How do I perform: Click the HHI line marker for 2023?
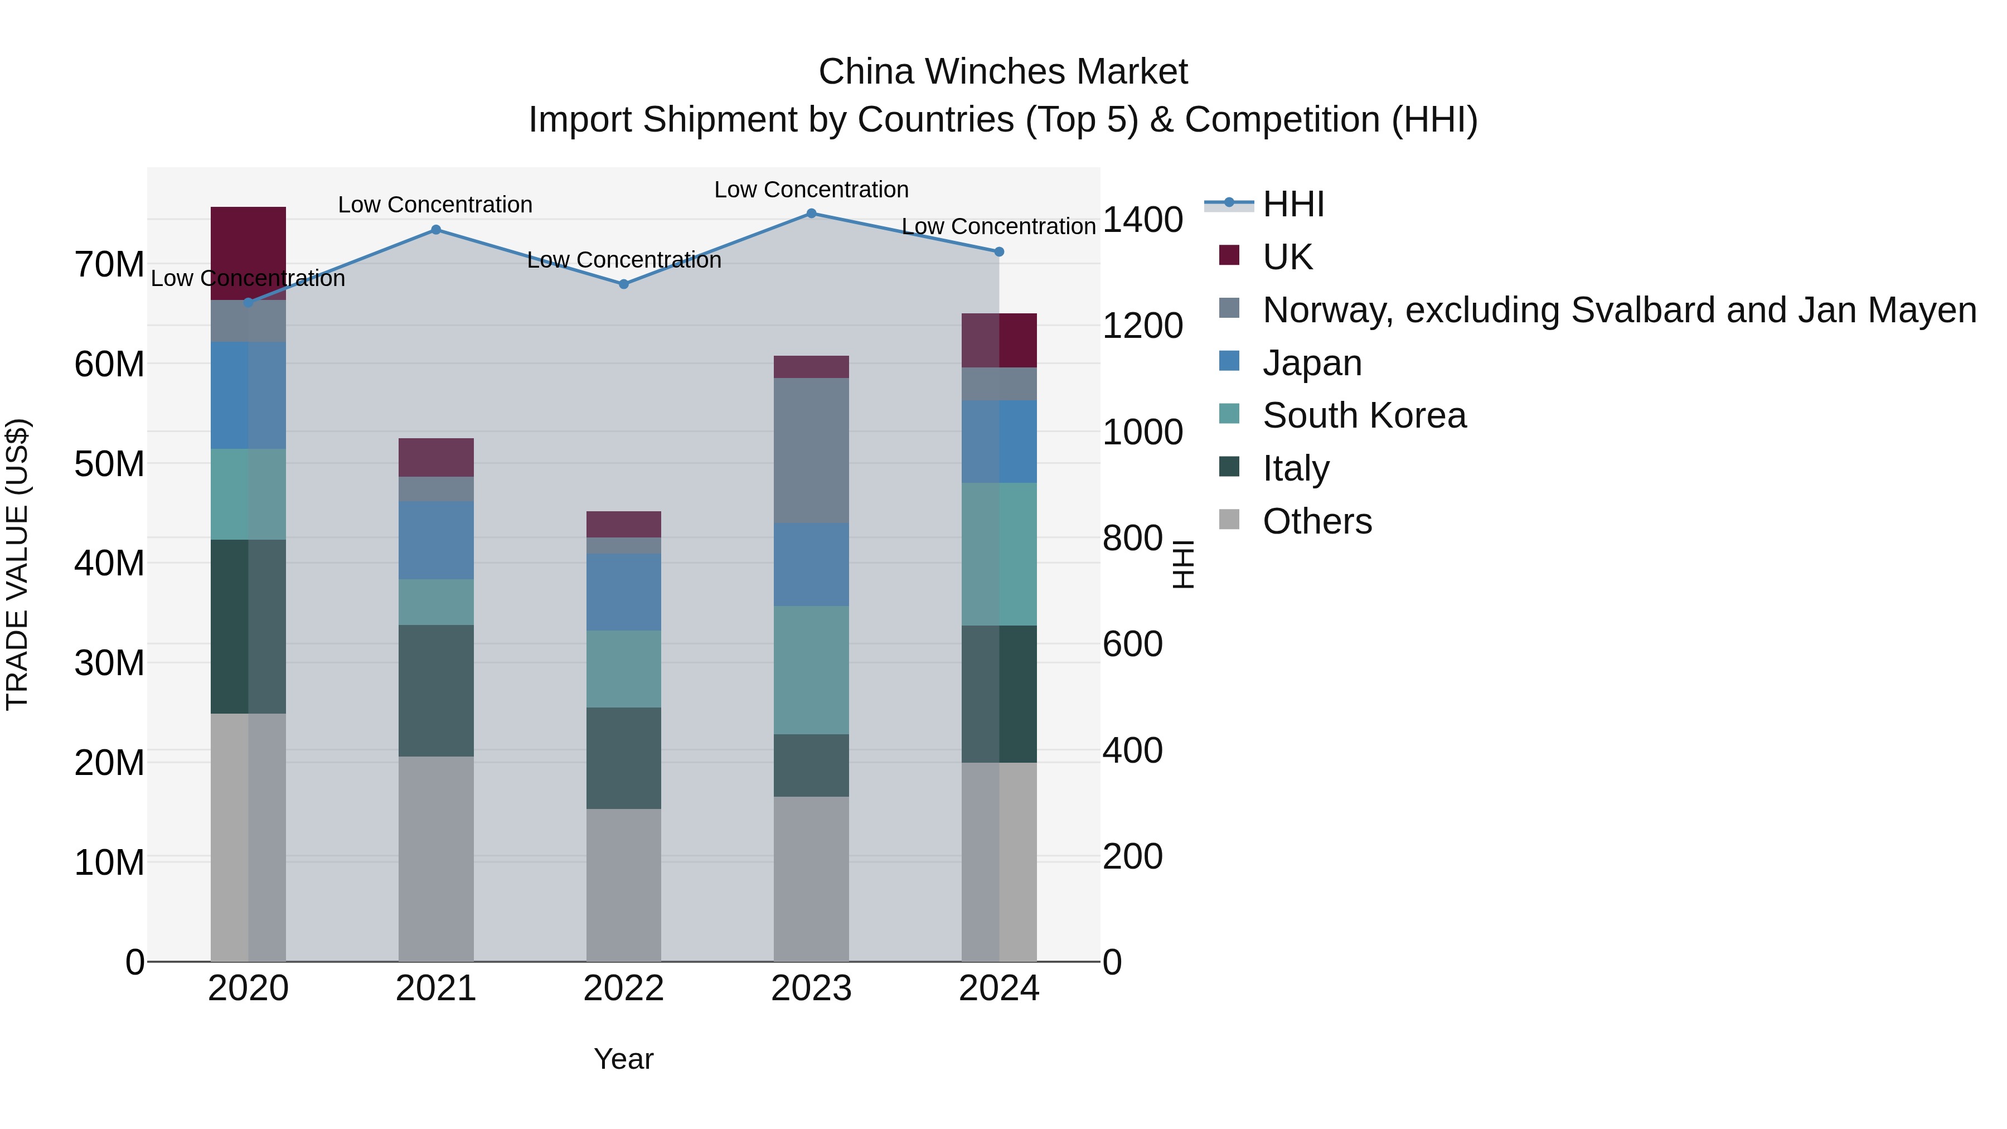(x=811, y=214)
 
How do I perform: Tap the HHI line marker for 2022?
(x=623, y=284)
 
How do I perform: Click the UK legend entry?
(x=1287, y=257)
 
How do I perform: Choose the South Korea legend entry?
(x=1364, y=415)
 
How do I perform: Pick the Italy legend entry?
(x=1295, y=468)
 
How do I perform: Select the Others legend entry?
(x=1317, y=521)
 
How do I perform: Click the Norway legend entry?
(x=1618, y=310)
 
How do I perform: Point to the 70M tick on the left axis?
(x=109, y=265)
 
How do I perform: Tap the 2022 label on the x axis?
(x=623, y=989)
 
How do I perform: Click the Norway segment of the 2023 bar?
(x=811, y=450)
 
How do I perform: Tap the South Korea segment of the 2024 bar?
(x=999, y=554)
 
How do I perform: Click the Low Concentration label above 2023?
(x=811, y=190)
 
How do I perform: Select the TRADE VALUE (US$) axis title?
(x=17, y=564)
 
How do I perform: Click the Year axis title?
(x=623, y=1059)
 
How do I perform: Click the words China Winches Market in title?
(x=1003, y=72)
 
